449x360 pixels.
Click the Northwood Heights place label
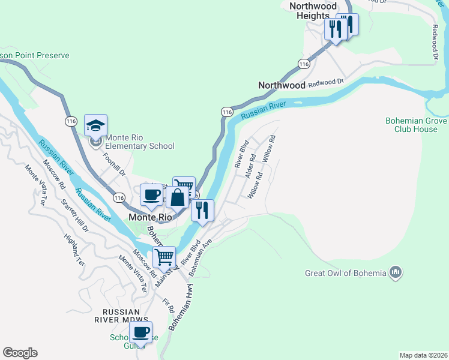313,11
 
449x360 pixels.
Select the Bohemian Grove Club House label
416,125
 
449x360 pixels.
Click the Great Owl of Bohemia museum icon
395,274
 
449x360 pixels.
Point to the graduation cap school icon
95,125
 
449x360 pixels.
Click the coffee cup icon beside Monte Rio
151,194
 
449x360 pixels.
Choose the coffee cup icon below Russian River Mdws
141,332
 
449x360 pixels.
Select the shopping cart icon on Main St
164,257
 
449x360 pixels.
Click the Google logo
20,353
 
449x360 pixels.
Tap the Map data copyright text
423,355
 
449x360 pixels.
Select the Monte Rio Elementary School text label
140,146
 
